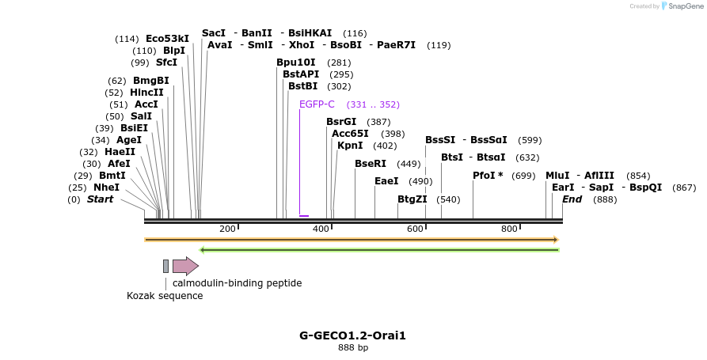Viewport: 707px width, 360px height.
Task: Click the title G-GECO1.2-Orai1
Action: (352, 335)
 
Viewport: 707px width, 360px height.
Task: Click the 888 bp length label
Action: (352, 347)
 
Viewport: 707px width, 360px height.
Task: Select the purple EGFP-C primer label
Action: (317, 104)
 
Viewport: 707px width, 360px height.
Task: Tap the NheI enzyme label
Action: (106, 188)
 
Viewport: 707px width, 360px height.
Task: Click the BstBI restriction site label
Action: (302, 86)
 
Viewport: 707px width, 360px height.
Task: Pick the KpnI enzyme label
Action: (350, 146)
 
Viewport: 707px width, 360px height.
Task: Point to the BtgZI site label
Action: (412, 199)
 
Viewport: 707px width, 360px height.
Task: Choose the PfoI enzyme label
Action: (488, 176)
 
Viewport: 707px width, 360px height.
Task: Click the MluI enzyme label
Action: (557, 176)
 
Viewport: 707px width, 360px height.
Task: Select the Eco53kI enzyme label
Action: (167, 39)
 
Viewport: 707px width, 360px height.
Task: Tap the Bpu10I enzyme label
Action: (296, 63)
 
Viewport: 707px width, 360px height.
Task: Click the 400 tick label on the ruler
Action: (321, 229)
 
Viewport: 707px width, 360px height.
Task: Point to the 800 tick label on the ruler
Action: (509, 229)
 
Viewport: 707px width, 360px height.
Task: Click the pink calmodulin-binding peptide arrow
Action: (185, 266)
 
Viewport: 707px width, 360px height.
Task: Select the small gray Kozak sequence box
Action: (165, 266)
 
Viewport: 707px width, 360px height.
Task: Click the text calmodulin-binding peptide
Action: (237, 283)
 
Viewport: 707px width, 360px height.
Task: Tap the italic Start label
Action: (100, 199)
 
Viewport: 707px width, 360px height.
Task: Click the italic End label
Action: (572, 199)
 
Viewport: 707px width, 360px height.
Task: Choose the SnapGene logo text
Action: (682, 6)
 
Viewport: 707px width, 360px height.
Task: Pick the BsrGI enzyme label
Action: (341, 122)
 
